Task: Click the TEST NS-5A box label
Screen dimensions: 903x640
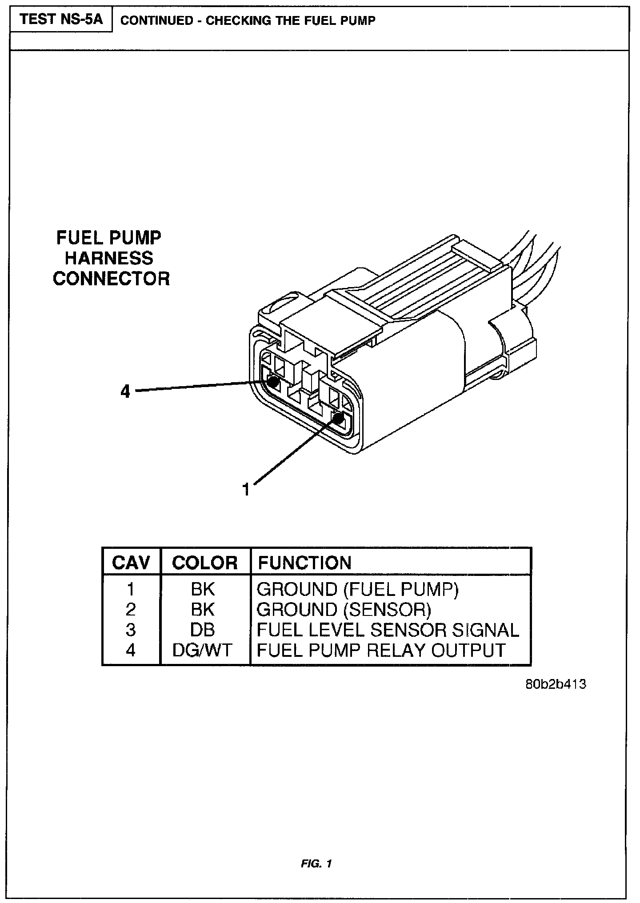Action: pos(60,20)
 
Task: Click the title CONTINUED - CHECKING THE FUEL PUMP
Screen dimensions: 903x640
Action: pos(248,20)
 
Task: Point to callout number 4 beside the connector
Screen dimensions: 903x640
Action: pos(126,392)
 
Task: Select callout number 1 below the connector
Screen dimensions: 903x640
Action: pos(246,489)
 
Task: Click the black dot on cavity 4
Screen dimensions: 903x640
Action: pos(273,381)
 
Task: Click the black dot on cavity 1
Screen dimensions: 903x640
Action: pos(338,418)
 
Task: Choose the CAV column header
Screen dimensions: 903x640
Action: pos(131,563)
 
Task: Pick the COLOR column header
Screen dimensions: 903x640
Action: pos(204,563)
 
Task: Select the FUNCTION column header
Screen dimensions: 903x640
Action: pos(304,563)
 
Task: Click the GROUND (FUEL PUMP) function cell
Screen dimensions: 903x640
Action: pos(357,589)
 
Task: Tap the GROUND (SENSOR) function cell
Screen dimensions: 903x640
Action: pos(344,610)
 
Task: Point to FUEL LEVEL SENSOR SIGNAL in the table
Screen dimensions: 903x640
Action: pos(388,630)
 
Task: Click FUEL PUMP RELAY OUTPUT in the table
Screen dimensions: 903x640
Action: pos(381,650)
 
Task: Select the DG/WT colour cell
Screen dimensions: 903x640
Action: pos(202,650)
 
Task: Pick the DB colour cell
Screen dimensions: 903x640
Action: pos(203,630)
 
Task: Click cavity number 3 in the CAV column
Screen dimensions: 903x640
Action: pos(130,630)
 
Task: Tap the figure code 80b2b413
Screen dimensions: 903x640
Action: pos(556,684)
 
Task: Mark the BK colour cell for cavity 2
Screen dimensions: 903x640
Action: pos(203,610)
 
